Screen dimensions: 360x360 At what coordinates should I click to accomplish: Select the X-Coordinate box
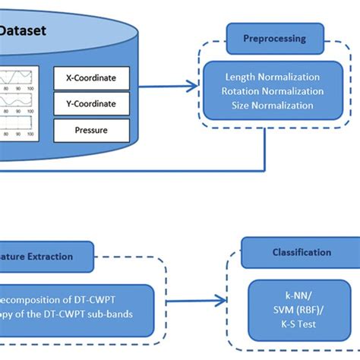point(91,77)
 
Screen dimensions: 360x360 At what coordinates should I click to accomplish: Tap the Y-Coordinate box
point(91,103)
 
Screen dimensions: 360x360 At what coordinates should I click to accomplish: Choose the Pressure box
point(91,130)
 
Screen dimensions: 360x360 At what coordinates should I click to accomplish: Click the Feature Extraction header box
point(46,257)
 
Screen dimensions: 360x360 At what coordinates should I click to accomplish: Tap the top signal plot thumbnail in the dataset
point(20,79)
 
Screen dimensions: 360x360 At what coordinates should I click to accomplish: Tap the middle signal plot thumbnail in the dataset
point(20,103)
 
